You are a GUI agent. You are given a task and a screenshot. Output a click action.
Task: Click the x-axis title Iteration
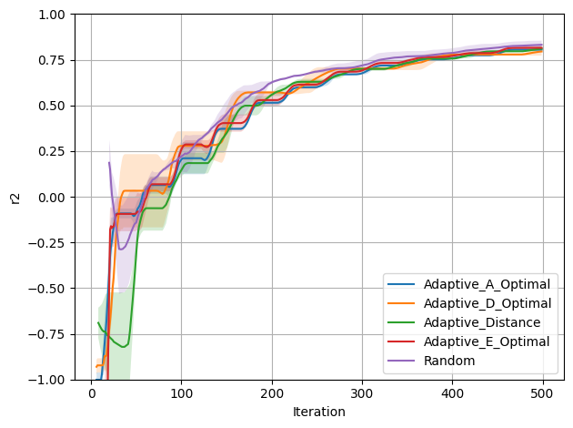pyautogui.click(x=318, y=412)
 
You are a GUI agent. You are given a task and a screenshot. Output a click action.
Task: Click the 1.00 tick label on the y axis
pyautogui.click(x=53, y=15)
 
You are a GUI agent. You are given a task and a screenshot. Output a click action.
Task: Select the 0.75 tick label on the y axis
pyautogui.click(x=53, y=60)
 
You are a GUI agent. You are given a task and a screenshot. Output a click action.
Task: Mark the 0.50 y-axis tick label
pyautogui.click(x=53, y=106)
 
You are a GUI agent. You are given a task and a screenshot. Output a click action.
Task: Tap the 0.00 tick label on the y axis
pyautogui.click(x=53, y=197)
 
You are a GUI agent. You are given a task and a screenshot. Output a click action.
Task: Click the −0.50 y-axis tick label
pyautogui.click(x=49, y=288)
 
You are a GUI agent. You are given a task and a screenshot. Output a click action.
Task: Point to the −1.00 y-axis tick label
pyautogui.click(x=49, y=379)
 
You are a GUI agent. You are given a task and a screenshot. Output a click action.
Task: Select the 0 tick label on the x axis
pyautogui.click(x=91, y=392)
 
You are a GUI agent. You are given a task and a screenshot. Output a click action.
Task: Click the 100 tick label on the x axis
pyautogui.click(x=181, y=392)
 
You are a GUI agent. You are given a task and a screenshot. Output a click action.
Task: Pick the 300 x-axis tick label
pyautogui.click(x=362, y=392)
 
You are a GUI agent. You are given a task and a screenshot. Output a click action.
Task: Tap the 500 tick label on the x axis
pyautogui.click(x=543, y=392)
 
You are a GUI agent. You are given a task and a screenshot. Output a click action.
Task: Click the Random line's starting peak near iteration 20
pyautogui.click(x=109, y=163)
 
